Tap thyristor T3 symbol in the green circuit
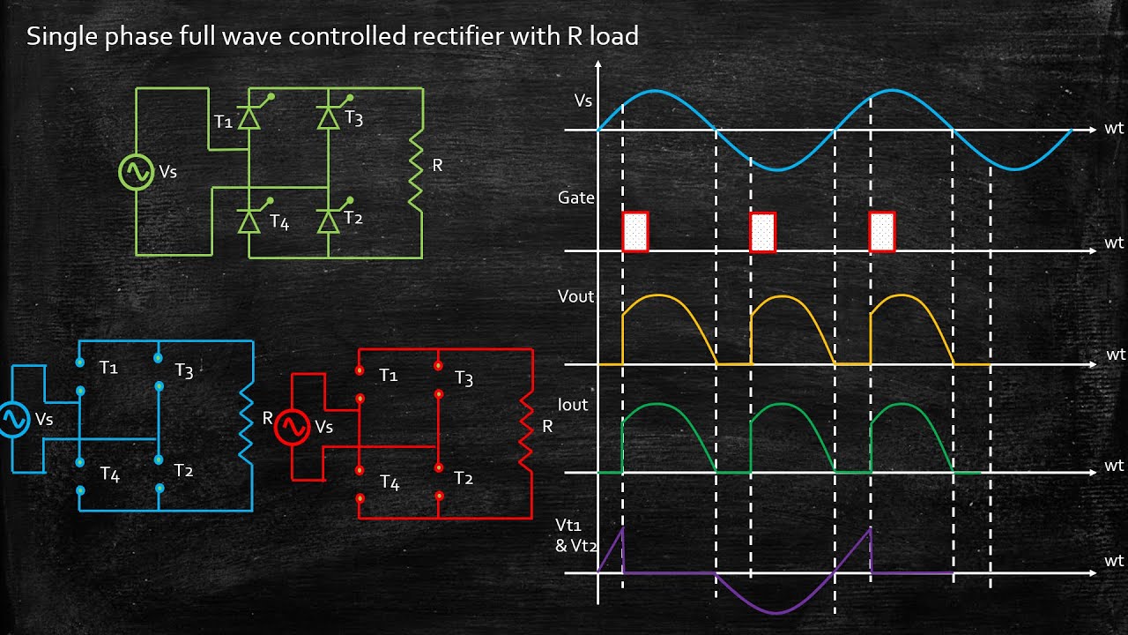pyautogui.click(x=329, y=118)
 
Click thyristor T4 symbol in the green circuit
pyautogui.click(x=249, y=221)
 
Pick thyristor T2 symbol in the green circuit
pyautogui.click(x=329, y=220)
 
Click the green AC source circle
pyautogui.click(x=137, y=172)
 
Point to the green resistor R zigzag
pyautogui.click(x=413, y=169)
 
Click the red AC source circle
pyautogui.click(x=292, y=428)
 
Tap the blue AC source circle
pyautogui.click(x=13, y=420)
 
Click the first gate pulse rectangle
pyautogui.click(x=635, y=232)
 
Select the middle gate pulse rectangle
pyautogui.click(x=762, y=232)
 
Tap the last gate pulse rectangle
pyautogui.click(x=882, y=232)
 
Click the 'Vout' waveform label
pyautogui.click(x=575, y=296)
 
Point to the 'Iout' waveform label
pyautogui.click(x=573, y=405)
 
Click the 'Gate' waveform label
pyautogui.click(x=576, y=198)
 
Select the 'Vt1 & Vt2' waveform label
pyautogui.click(x=575, y=534)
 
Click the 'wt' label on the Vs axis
pyautogui.click(x=1114, y=129)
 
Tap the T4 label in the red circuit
pyautogui.click(x=390, y=483)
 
